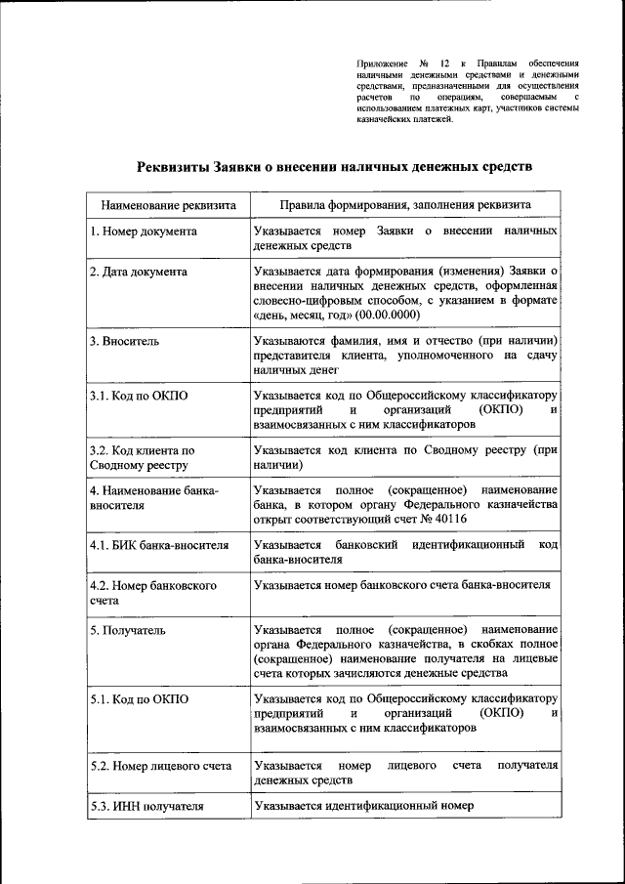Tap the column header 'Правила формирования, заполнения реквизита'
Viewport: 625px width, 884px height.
[404, 206]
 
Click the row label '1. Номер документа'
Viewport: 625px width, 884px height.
[144, 232]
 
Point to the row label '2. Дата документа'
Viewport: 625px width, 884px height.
[139, 272]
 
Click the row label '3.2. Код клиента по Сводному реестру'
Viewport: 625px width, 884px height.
[143, 458]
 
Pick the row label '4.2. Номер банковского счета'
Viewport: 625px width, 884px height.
[151, 592]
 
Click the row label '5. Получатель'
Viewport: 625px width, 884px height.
[128, 630]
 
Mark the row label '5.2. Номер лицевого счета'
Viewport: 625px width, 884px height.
[160, 766]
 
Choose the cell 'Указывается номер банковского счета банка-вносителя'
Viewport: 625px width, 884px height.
[401, 585]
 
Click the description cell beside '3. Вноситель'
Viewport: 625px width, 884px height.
[404, 356]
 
